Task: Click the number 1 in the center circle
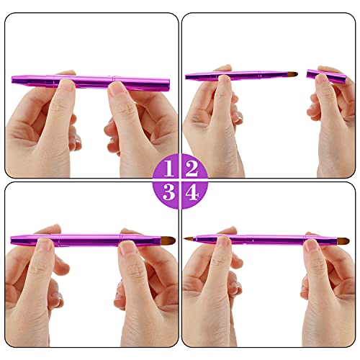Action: pyautogui.click(x=168, y=169)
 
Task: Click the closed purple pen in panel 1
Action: pyautogui.click(x=90, y=81)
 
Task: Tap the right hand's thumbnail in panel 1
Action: pyautogui.click(x=117, y=89)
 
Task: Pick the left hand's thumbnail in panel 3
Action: pyautogui.click(x=45, y=247)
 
